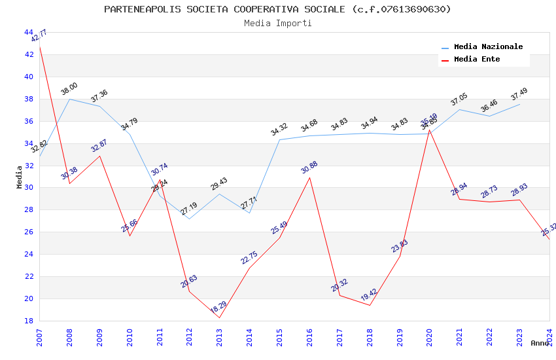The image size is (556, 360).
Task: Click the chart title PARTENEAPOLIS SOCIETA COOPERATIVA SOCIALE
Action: click(x=277, y=9)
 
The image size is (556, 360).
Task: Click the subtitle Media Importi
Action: click(x=277, y=23)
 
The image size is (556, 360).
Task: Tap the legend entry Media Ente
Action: click(x=477, y=60)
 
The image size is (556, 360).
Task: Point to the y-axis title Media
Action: click(x=20, y=177)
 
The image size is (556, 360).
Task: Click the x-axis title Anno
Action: click(x=540, y=343)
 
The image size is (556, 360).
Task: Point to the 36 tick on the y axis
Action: click(x=29, y=121)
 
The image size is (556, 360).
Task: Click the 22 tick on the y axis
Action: click(x=29, y=276)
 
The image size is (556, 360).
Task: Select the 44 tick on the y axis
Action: click(x=29, y=32)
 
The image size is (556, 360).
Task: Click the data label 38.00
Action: click(x=69, y=89)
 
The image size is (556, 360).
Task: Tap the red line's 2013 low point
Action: click(x=219, y=318)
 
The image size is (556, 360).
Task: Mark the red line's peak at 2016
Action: click(x=309, y=178)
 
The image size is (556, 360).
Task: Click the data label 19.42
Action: click(x=370, y=295)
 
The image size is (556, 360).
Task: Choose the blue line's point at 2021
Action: click(x=460, y=109)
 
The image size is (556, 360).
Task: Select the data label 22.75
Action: click(x=249, y=258)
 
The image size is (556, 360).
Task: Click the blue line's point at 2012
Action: click(x=189, y=219)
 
